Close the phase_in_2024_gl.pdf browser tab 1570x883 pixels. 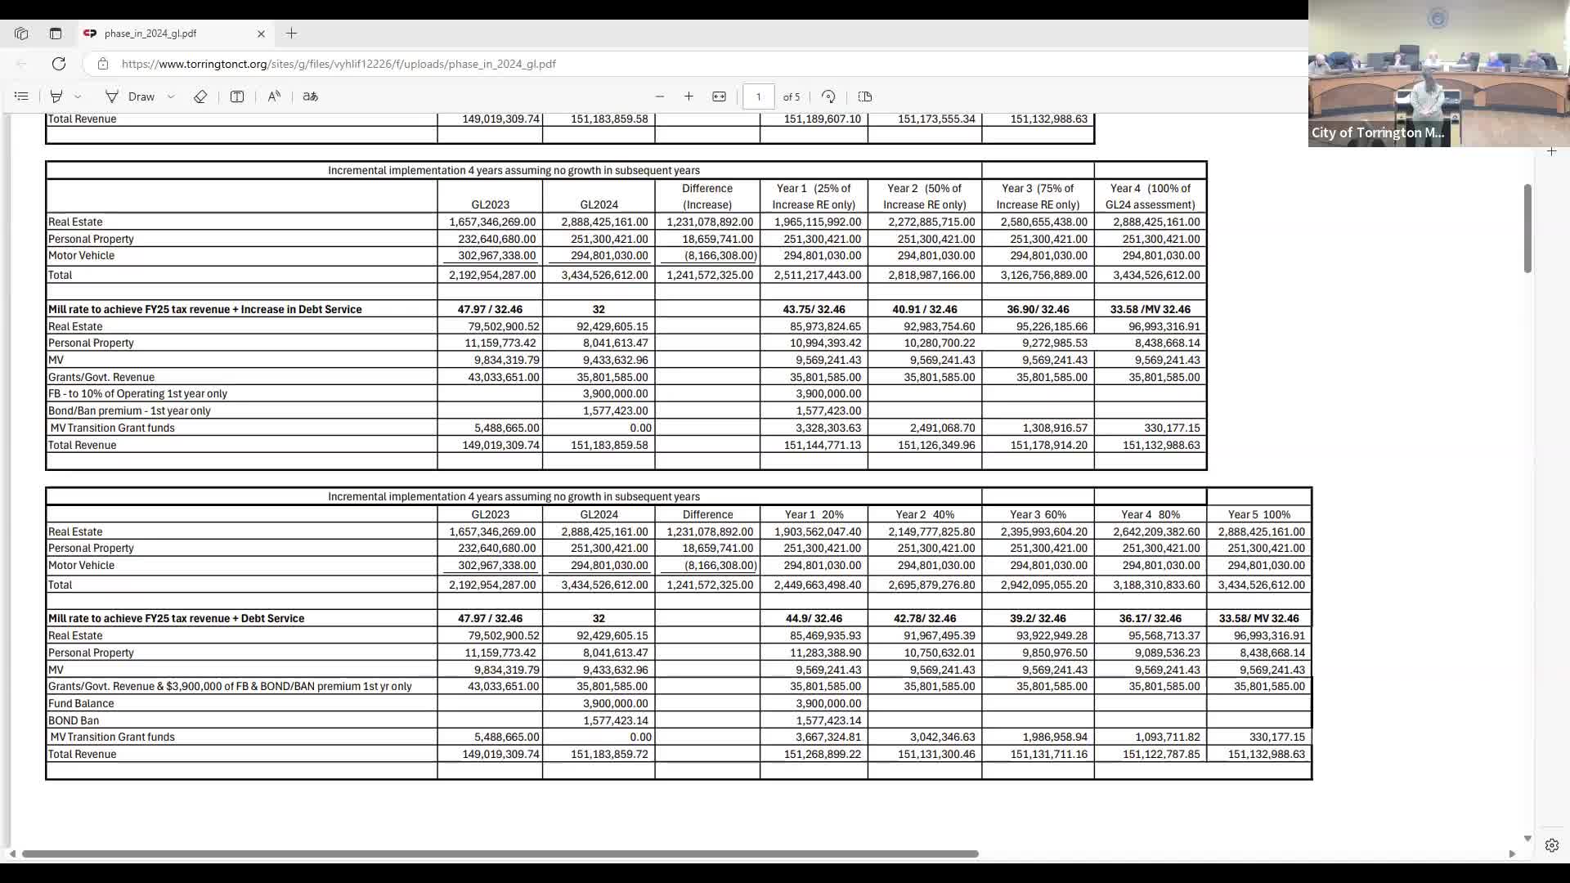pos(261,34)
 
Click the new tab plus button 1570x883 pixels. pos(292,34)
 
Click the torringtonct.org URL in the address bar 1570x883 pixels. pos(339,64)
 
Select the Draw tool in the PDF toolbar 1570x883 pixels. pos(131,96)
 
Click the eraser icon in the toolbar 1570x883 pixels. pos(200,96)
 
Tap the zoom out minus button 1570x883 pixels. pos(660,96)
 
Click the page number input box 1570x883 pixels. pos(758,96)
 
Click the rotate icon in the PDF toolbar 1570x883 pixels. pos(828,96)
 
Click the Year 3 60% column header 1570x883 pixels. pos(1038,514)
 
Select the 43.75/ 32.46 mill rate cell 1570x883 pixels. pos(814,309)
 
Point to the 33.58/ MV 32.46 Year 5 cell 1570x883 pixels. pos(1258,618)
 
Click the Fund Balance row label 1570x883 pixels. pos(81,703)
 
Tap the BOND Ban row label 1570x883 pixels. pos(74,720)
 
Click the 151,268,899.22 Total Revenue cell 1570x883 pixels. pos(822,754)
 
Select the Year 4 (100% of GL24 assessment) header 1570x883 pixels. pos(1150,196)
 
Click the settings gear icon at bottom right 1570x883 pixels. pos(1551,845)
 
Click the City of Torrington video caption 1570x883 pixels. pos(1378,132)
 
